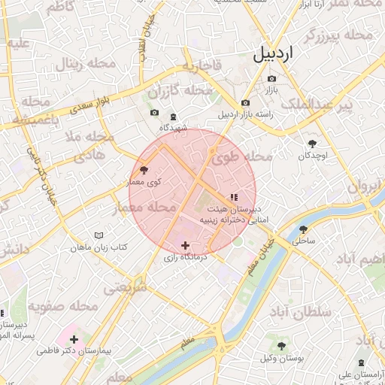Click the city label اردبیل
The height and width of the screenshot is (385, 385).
click(x=274, y=54)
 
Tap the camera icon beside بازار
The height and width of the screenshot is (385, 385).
click(x=271, y=79)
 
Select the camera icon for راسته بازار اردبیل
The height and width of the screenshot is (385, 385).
click(x=245, y=103)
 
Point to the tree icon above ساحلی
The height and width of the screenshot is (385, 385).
click(x=304, y=229)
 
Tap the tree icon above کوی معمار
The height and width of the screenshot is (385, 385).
click(x=144, y=171)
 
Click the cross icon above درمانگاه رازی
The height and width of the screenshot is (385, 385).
click(x=185, y=245)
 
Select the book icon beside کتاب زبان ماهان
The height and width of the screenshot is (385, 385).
click(x=99, y=235)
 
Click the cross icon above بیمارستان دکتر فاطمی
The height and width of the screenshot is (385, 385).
click(x=74, y=338)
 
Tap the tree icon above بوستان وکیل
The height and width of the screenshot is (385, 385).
click(x=281, y=346)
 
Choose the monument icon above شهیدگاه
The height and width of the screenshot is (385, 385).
click(x=174, y=117)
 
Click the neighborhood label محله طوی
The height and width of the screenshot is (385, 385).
click(x=241, y=158)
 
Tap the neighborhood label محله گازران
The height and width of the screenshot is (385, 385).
click(x=180, y=92)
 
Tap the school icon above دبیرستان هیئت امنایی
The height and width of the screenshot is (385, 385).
click(x=233, y=196)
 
